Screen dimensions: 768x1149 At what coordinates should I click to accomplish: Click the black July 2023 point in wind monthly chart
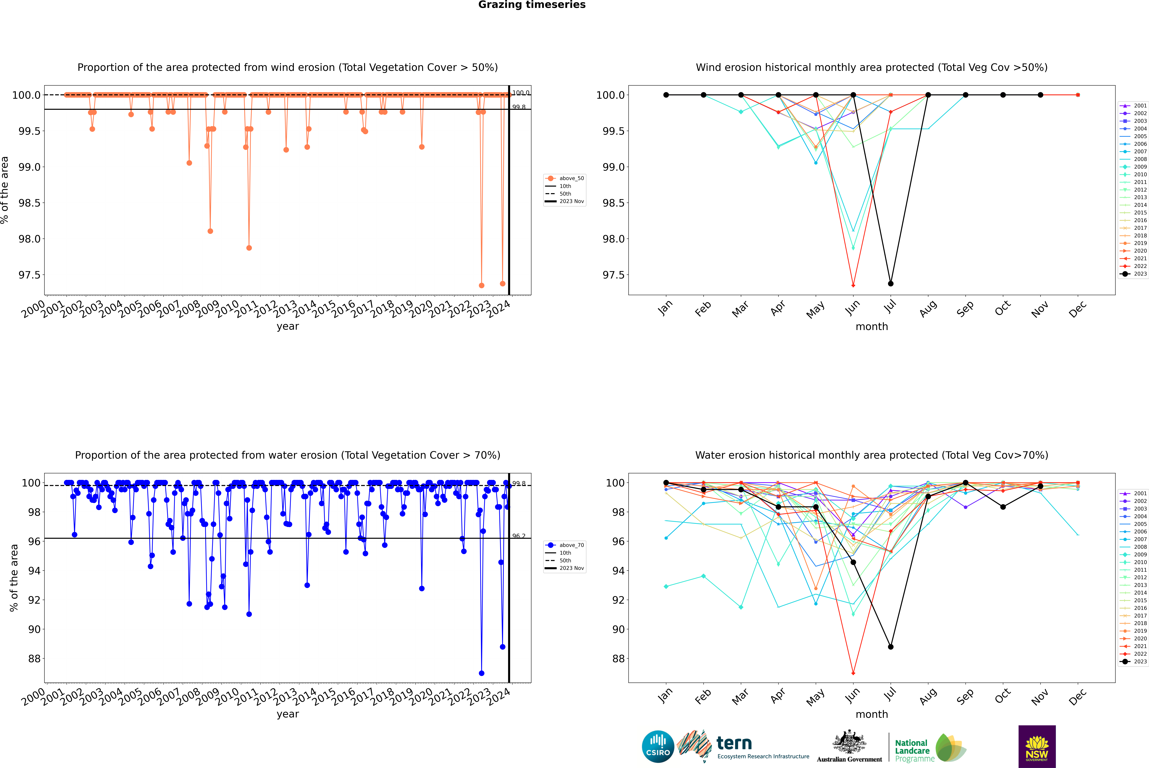pos(890,284)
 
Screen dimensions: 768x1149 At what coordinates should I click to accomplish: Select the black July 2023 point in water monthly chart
pos(890,647)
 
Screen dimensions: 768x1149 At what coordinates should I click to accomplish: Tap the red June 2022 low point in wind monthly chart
pos(853,286)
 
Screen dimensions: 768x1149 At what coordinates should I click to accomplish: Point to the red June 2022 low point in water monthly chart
pos(853,673)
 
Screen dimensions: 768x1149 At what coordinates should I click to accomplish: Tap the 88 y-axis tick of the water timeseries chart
pos(34,659)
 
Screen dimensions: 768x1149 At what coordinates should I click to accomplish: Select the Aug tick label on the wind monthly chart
pos(928,309)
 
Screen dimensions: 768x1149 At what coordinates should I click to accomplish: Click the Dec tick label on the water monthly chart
pos(1078,697)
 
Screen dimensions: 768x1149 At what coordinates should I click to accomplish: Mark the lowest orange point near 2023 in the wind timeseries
pos(481,286)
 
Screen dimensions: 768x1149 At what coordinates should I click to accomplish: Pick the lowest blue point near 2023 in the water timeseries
pos(481,673)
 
